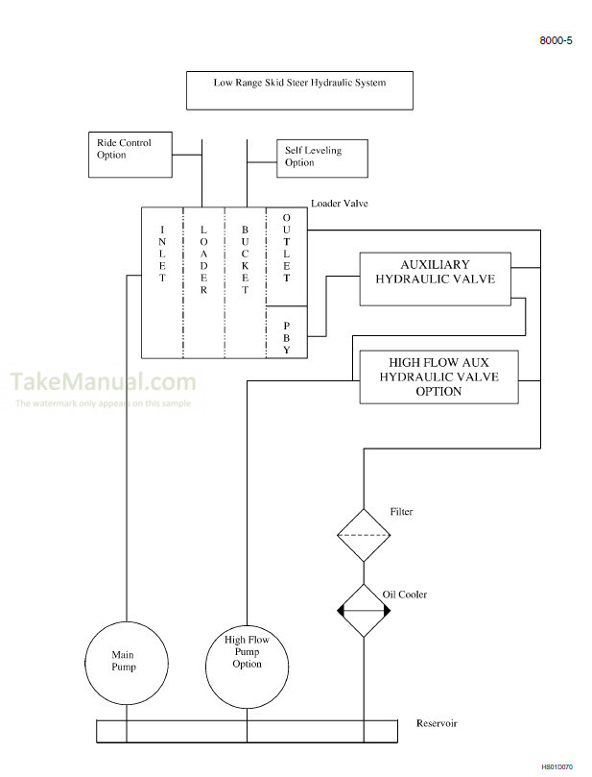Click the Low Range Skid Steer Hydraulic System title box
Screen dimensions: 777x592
tap(299, 89)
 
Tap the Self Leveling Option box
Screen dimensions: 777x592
tap(322, 158)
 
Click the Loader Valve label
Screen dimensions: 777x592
tap(339, 204)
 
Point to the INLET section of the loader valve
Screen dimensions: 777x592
tap(162, 253)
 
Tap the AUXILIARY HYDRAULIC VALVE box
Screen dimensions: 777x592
tap(435, 279)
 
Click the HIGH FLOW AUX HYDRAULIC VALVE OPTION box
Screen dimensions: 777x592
tap(438, 377)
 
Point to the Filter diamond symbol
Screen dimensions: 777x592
tap(364, 535)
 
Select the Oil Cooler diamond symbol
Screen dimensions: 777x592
tap(364, 610)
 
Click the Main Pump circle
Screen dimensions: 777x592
tap(128, 663)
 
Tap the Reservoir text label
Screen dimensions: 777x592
tap(437, 723)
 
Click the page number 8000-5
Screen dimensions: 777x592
tap(556, 41)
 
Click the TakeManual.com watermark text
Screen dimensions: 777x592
tap(104, 382)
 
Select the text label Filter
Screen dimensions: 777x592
tap(401, 512)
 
